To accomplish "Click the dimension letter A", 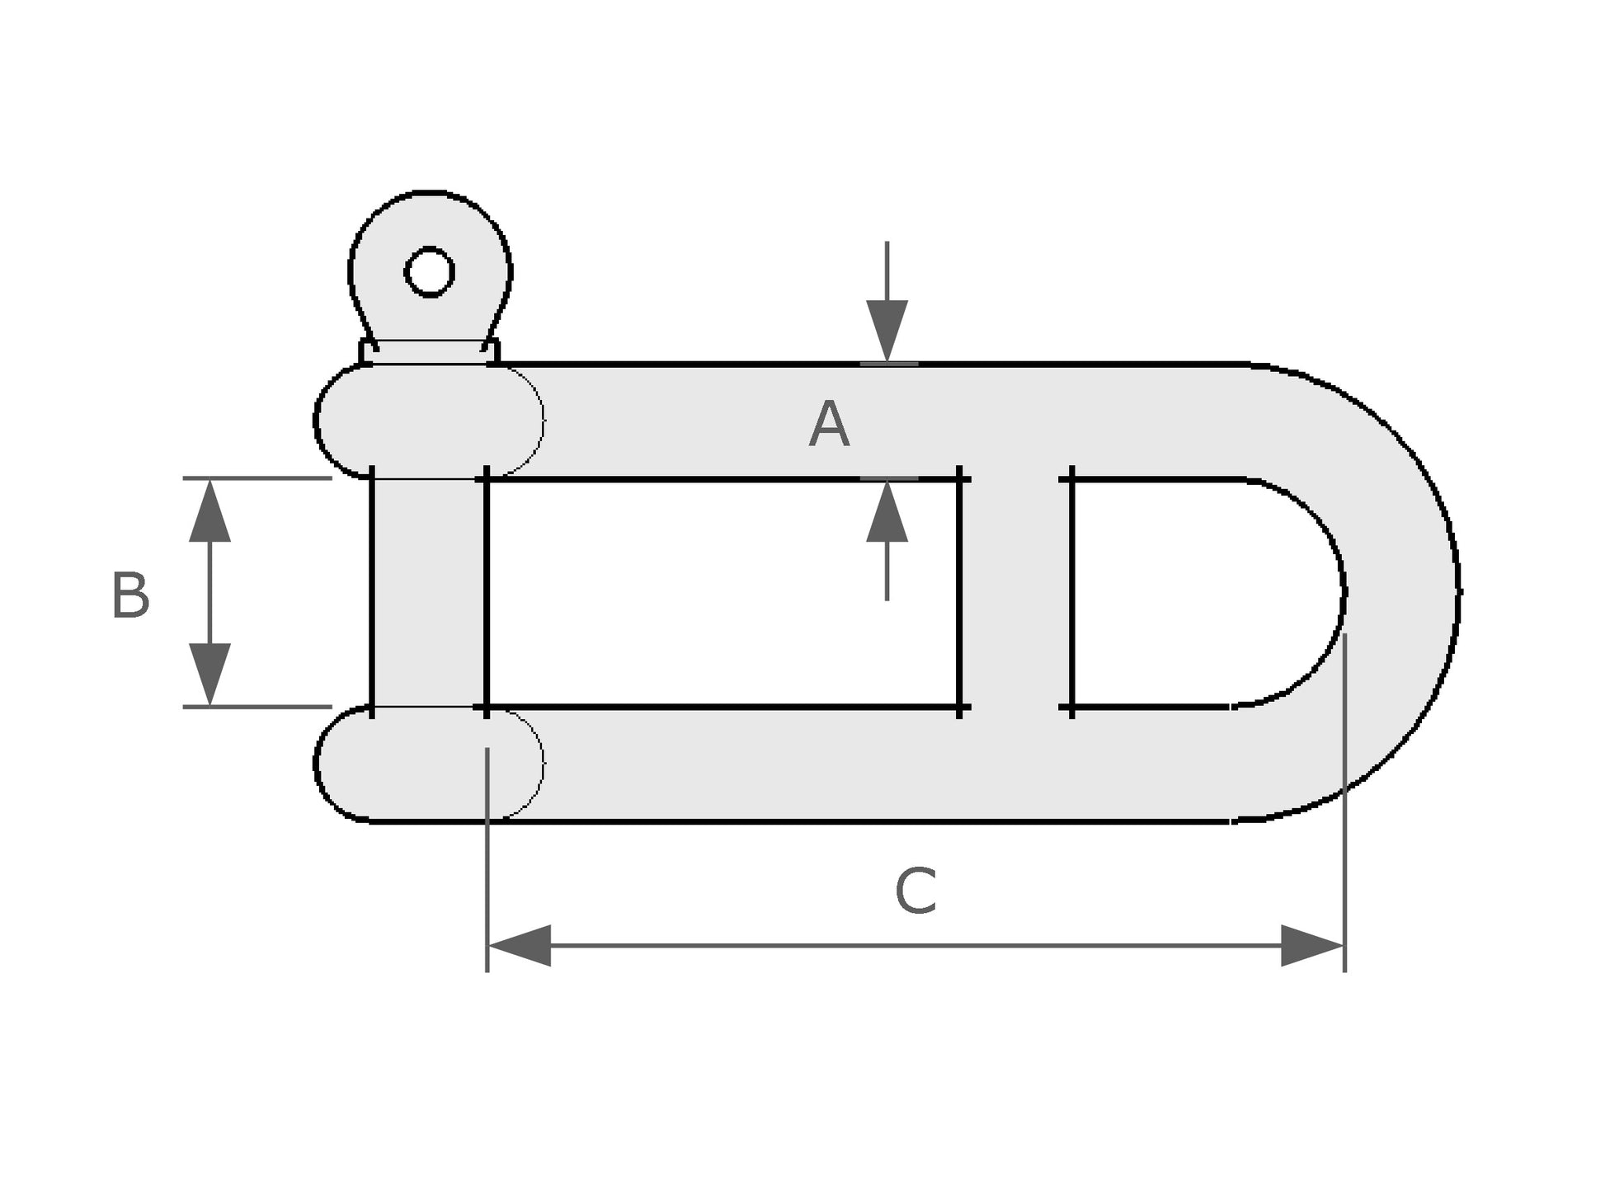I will [x=828, y=425].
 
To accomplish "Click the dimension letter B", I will [x=130, y=595].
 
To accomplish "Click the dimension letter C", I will [x=915, y=891].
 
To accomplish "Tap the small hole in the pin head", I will [x=430, y=271].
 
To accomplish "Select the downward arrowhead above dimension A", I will [x=887, y=330].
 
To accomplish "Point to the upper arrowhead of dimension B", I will [x=209, y=511].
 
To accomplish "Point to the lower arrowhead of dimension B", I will [x=209, y=674].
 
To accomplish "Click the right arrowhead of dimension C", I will [x=1312, y=945].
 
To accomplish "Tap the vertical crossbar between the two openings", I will [x=1015, y=592].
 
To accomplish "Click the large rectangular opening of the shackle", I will [x=722, y=592].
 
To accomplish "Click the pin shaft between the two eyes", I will [x=429, y=592].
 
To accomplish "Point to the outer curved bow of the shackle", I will [x=1402, y=592].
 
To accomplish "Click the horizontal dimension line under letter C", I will [x=915, y=945].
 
